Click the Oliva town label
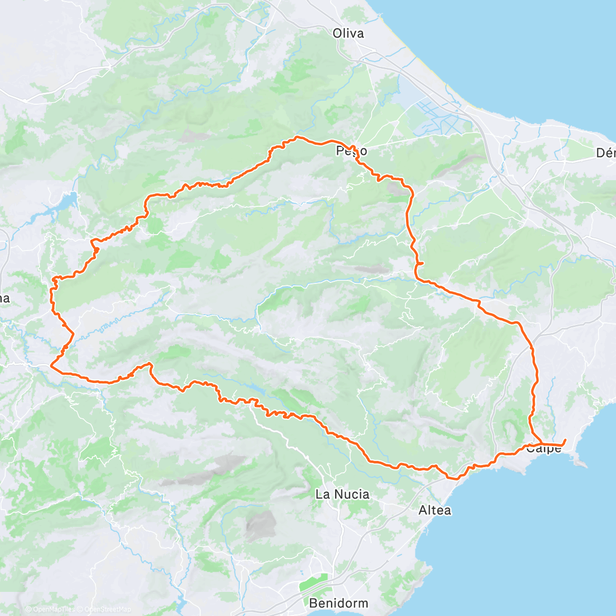[x=348, y=33]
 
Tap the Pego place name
[x=352, y=151]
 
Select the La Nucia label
[x=342, y=494]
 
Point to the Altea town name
[x=435, y=510]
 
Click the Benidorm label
[x=338, y=603]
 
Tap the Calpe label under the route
[x=544, y=449]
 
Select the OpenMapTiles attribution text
[x=53, y=609]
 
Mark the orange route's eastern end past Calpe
[x=565, y=439]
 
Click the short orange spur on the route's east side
[x=421, y=263]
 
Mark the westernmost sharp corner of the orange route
[x=51, y=365]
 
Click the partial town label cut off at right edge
[x=606, y=152]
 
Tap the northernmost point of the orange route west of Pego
[x=297, y=137]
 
